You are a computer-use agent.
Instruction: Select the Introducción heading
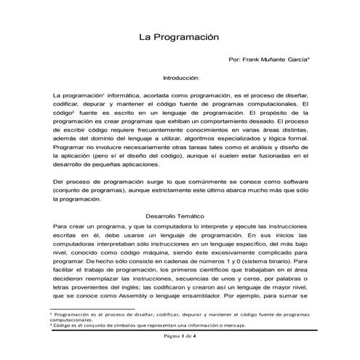(180, 77)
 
